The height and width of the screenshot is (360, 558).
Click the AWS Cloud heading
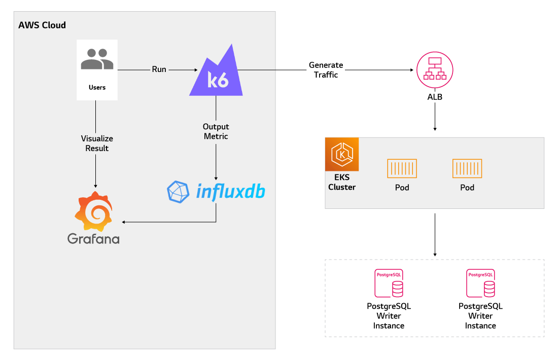pos(42,25)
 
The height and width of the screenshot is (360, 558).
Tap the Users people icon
pos(97,59)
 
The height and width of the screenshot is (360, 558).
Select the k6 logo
pos(216,73)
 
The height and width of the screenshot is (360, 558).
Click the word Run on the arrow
pos(159,69)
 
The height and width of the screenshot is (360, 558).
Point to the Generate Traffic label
pos(326,70)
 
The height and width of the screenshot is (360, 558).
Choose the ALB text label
pos(435,96)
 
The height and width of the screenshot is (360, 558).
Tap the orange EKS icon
pos(342,154)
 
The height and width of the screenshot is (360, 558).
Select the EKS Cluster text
pos(342,183)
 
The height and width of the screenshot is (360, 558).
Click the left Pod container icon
pos(402,168)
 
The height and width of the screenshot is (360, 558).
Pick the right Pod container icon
pos(467,168)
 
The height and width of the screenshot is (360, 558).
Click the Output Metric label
pos(216,131)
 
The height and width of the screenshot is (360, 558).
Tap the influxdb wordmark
pos(231,191)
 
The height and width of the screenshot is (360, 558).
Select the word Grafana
pos(93,238)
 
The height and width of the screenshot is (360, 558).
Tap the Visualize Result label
pos(97,143)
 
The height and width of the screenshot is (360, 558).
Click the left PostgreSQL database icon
pos(389,283)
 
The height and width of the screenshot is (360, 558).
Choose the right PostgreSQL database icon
pos(481,283)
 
